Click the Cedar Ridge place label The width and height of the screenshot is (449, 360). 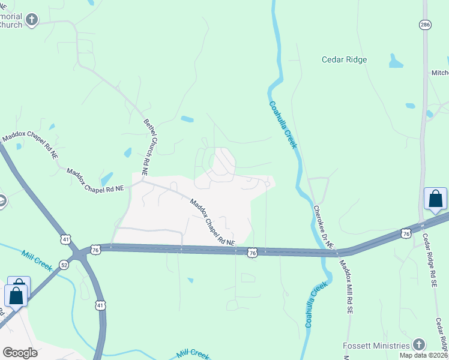point(344,59)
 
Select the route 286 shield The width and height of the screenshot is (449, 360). point(425,24)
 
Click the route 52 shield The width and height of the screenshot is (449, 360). point(64,264)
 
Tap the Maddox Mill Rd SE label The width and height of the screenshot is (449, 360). point(345,287)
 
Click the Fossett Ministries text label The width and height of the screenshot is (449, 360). point(375,346)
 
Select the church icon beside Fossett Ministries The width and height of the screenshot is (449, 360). point(419,345)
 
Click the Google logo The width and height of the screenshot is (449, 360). point(20,353)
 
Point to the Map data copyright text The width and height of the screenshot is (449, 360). point(424,355)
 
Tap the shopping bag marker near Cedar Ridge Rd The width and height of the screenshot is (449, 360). point(435,199)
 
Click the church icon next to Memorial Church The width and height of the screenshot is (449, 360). point(32,20)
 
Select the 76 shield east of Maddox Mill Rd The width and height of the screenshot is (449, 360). point(406,233)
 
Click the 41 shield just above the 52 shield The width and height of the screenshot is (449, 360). point(65,239)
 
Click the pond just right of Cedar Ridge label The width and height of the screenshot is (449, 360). point(396,61)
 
